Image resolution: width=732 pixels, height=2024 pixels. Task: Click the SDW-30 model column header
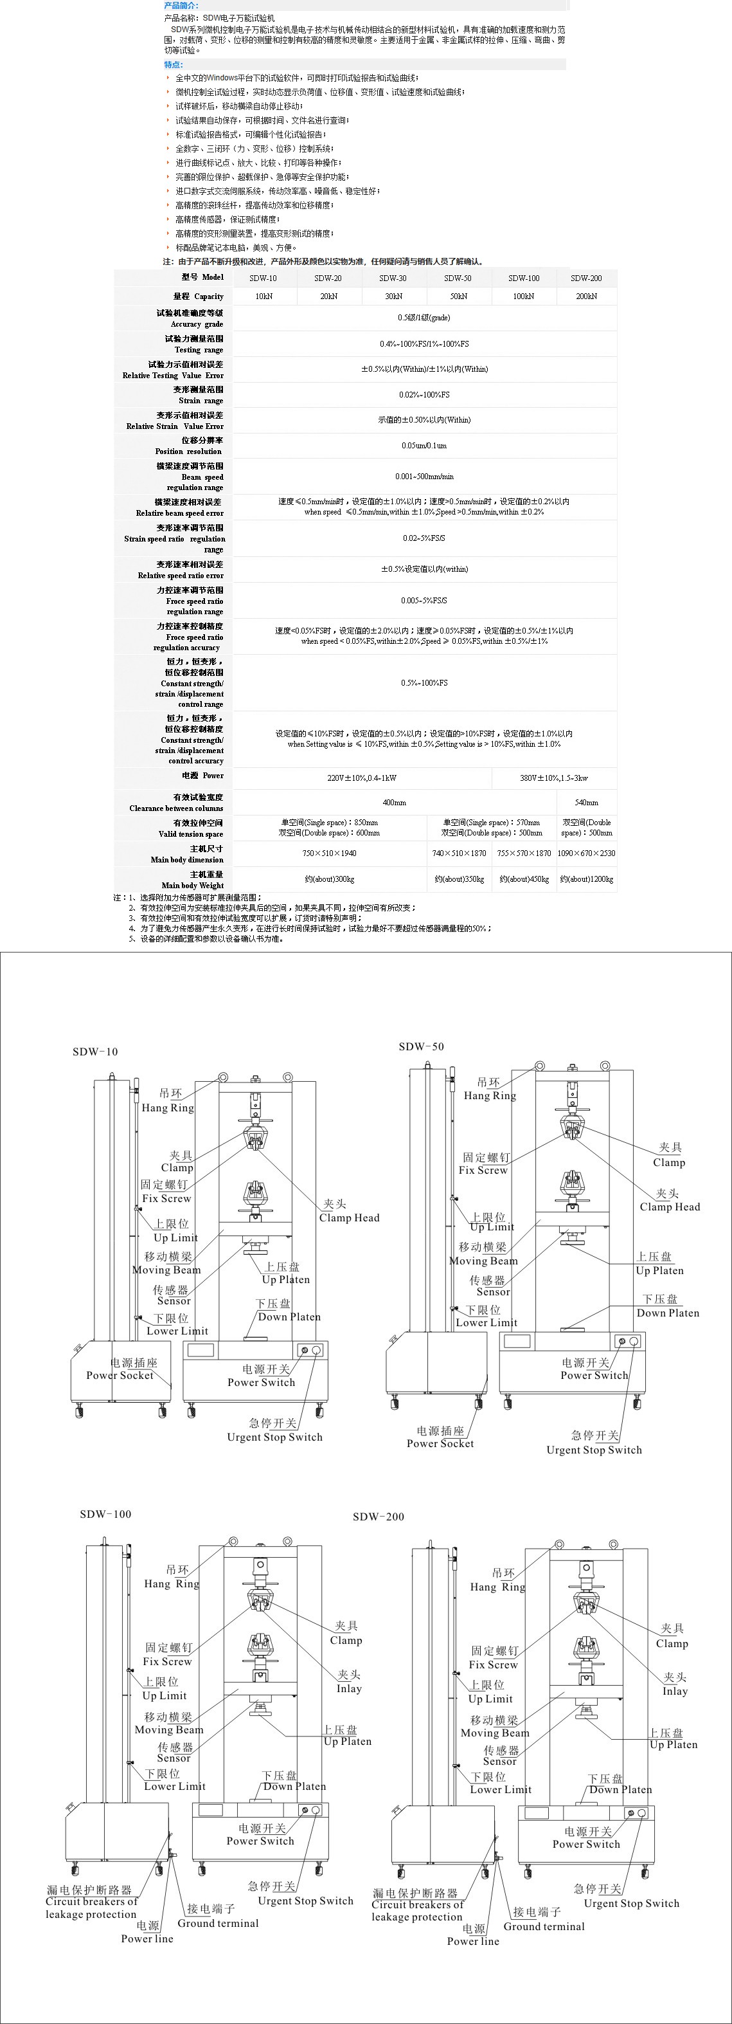click(x=393, y=278)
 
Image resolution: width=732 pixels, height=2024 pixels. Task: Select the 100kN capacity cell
click(x=523, y=296)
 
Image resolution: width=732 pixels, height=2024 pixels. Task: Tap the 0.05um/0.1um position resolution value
click(x=424, y=446)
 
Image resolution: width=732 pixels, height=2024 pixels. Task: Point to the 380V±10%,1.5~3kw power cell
click(x=554, y=778)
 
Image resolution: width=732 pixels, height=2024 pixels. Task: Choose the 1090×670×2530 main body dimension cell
click(x=586, y=853)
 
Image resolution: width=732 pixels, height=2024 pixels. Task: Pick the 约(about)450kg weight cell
click(x=524, y=879)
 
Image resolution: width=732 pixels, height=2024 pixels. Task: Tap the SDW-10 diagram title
click(x=95, y=1052)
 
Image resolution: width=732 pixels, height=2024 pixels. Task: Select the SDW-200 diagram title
click(x=379, y=1517)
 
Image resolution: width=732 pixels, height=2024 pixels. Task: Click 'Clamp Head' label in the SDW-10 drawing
click(x=349, y=1218)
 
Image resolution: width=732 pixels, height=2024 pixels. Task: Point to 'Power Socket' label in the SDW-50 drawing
click(x=440, y=1443)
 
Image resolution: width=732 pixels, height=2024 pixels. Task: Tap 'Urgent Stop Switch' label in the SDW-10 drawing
click(x=275, y=1437)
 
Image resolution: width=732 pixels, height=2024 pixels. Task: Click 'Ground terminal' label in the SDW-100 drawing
click(x=218, y=1924)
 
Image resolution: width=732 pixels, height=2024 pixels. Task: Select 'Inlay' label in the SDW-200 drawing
click(x=675, y=1691)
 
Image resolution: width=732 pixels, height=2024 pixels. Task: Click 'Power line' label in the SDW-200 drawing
click(x=473, y=1942)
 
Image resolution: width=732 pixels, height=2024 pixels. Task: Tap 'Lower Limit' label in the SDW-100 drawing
click(x=174, y=1787)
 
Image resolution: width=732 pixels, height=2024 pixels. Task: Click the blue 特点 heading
click(x=173, y=65)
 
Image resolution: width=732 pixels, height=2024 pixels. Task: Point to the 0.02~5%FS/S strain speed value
click(x=424, y=538)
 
